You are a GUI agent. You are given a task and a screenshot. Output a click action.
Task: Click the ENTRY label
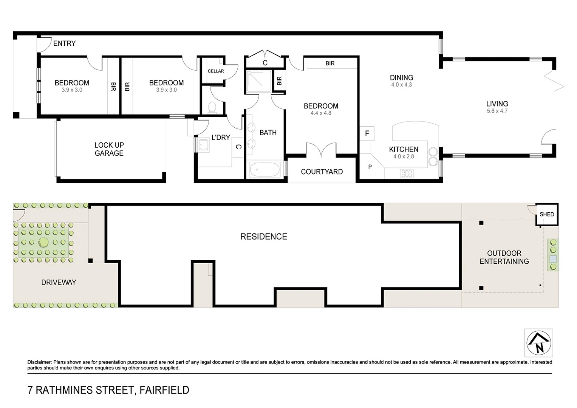(64, 43)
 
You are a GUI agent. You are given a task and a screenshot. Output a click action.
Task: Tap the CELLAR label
(216, 71)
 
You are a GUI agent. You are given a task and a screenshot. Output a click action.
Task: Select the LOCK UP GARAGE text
(109, 149)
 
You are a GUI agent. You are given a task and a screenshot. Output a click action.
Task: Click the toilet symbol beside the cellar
(212, 107)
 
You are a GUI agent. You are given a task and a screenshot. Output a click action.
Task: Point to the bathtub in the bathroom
(264, 170)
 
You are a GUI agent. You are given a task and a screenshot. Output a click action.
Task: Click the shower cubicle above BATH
(259, 81)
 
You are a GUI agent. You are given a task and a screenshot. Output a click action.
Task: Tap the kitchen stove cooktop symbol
(407, 173)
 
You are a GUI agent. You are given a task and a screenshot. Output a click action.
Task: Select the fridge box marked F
(367, 134)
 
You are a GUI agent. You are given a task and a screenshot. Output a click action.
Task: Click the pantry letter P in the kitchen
(370, 167)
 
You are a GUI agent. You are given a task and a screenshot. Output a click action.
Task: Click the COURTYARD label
(322, 172)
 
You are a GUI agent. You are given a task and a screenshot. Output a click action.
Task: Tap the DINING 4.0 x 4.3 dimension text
(401, 85)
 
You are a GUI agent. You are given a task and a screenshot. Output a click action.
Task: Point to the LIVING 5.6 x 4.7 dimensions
(497, 111)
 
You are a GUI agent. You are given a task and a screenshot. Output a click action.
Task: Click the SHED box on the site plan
(547, 215)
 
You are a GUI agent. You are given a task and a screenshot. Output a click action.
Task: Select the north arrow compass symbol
(538, 343)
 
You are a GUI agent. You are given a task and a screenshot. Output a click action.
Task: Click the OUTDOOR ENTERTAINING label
(504, 257)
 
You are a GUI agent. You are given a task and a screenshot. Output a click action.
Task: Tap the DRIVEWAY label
(59, 282)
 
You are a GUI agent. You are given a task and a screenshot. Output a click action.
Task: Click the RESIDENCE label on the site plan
(264, 236)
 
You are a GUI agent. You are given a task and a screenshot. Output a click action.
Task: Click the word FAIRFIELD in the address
(164, 390)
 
